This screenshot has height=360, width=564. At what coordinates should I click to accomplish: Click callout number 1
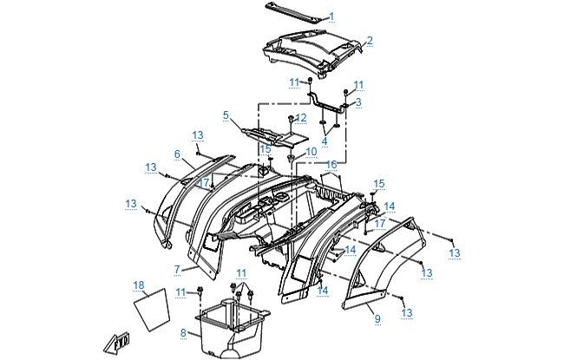(x=331, y=16)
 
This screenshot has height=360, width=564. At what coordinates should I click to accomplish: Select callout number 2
(x=370, y=40)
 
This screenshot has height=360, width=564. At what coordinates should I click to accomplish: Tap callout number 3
(x=358, y=101)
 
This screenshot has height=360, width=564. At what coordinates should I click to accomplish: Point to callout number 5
(x=226, y=115)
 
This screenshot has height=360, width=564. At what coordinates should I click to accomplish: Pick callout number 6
(x=177, y=154)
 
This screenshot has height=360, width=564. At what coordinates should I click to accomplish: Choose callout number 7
(x=177, y=269)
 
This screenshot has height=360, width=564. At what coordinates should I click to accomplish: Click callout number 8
(x=183, y=332)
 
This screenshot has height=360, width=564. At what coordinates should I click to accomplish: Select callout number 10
(x=312, y=151)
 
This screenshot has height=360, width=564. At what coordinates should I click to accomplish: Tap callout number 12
(x=301, y=117)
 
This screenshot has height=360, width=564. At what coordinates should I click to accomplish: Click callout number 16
(x=331, y=164)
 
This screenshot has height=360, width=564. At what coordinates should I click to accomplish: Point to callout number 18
(x=139, y=285)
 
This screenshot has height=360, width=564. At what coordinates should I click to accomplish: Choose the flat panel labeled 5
(x=274, y=134)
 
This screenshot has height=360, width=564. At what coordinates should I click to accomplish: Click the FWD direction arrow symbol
(x=116, y=343)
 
